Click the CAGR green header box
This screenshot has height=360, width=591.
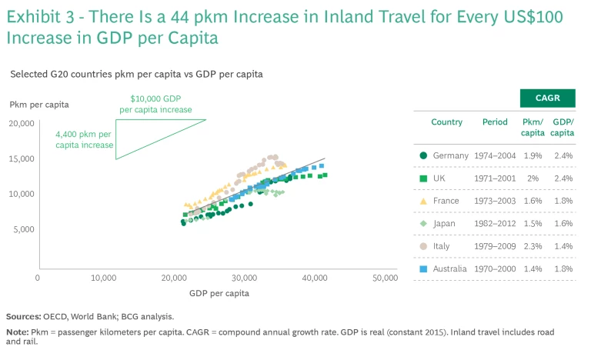click(547, 98)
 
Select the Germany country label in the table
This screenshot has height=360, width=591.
click(450, 155)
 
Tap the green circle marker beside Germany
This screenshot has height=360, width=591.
click(423, 155)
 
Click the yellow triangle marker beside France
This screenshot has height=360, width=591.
click(423, 201)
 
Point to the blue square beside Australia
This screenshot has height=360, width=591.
click(423, 268)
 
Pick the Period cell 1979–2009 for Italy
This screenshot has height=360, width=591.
click(494, 246)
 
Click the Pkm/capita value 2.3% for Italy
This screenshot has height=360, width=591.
click(533, 246)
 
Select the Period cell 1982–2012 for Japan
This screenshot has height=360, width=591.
click(494, 224)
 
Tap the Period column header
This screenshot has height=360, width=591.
click(495, 122)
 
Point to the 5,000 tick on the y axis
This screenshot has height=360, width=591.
click(24, 229)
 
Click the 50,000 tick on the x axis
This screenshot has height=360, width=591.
click(385, 277)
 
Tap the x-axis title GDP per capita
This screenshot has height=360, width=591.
click(219, 293)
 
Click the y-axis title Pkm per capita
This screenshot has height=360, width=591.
click(39, 104)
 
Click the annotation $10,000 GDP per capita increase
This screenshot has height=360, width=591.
click(155, 105)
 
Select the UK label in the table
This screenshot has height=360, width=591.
click(439, 178)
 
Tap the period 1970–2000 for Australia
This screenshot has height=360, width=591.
click(494, 268)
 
